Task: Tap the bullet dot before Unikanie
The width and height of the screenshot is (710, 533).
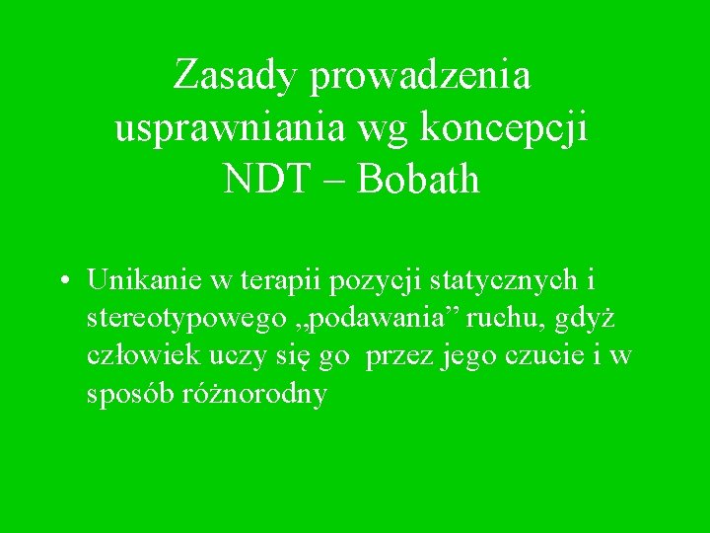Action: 62,280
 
